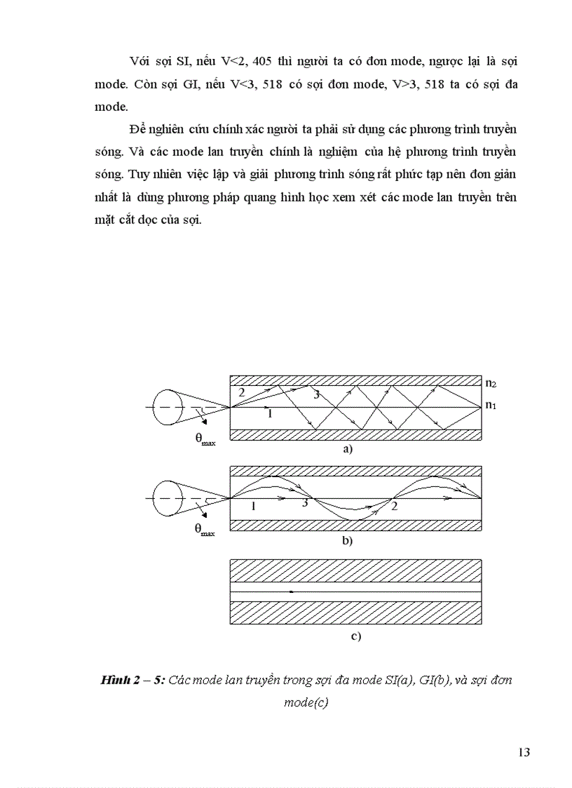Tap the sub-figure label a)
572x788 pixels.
(x=347, y=449)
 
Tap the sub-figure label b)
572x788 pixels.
(x=347, y=541)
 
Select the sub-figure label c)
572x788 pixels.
(x=355, y=636)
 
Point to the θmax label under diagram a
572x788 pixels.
(x=205, y=439)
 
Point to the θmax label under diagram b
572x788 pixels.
(x=205, y=530)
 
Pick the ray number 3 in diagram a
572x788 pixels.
(x=316, y=395)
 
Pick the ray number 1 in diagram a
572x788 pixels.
(x=268, y=414)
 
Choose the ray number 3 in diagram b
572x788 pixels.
(x=304, y=503)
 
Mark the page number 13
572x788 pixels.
(x=524, y=753)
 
